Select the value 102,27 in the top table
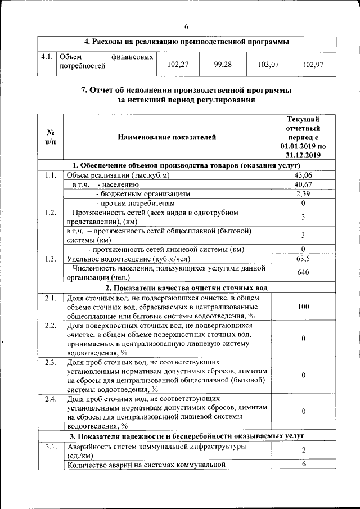(178, 65)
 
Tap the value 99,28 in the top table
(223, 65)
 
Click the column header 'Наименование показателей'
(166, 137)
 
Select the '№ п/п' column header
(50, 137)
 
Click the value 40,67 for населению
(303, 184)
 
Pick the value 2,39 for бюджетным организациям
(303, 193)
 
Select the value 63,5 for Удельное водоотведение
(303, 259)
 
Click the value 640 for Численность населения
(303, 273)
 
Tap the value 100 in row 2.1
(303, 307)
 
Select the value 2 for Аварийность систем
(303, 451)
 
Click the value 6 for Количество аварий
(303, 464)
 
